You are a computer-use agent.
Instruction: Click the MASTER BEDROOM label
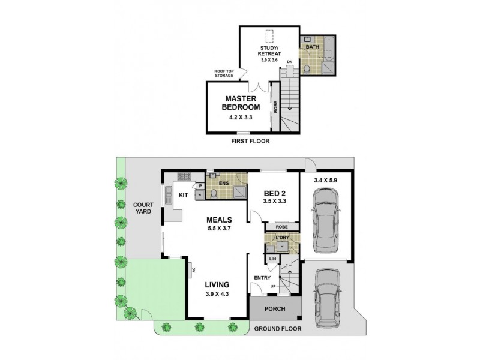point(242,103)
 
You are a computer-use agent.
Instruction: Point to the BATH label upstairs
point(312,46)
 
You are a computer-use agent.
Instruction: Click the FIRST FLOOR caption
point(251,142)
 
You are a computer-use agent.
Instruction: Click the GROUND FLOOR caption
point(277,329)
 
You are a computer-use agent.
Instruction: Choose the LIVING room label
point(217,285)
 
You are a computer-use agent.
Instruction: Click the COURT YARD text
point(142,208)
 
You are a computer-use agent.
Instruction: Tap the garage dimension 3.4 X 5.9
point(328,179)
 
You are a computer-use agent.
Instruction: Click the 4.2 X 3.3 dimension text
point(242,118)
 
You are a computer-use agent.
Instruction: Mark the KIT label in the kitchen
point(183,195)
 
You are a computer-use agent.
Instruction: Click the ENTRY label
point(262,277)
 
